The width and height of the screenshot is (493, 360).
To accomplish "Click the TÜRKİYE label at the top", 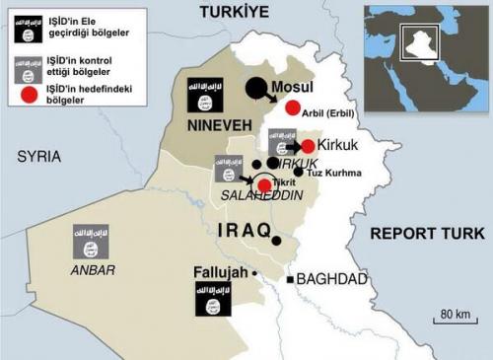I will [234, 11].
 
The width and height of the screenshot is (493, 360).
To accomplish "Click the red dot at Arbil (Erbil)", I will [292, 108].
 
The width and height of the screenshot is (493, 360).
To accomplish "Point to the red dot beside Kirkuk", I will [308, 146].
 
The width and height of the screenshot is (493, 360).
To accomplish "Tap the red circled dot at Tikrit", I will [263, 185].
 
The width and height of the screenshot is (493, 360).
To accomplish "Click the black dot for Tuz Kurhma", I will [298, 172].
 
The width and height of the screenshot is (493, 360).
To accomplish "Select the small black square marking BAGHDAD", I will [290, 279].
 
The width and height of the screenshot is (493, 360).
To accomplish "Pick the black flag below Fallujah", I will [213, 299].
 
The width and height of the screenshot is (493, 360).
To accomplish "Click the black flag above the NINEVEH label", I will [205, 96].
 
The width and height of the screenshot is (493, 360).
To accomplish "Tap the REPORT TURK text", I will [427, 234].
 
